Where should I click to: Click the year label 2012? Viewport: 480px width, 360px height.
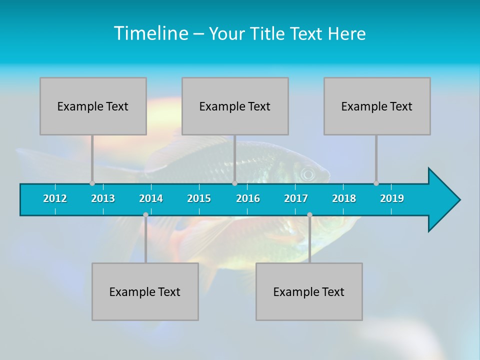(x=55, y=198)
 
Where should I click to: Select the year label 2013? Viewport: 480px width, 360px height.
(x=103, y=198)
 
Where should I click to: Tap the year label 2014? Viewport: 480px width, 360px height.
(x=151, y=198)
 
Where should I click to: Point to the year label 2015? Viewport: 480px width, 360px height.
(x=199, y=198)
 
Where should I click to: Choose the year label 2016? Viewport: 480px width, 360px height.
(x=248, y=198)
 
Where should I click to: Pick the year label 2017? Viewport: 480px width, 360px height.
(x=296, y=198)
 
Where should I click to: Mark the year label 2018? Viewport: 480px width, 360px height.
(x=344, y=198)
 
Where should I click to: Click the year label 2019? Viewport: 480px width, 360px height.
(x=392, y=198)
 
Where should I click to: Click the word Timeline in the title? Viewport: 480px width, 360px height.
(x=150, y=33)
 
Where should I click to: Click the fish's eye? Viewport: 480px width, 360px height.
(x=307, y=174)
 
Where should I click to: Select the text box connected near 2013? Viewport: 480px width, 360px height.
(x=93, y=106)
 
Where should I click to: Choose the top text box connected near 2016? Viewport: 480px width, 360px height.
(x=235, y=106)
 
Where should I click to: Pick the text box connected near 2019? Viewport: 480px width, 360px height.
(x=377, y=106)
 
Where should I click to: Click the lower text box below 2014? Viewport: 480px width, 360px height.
(x=145, y=291)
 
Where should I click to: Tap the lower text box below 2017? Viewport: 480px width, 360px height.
(x=309, y=291)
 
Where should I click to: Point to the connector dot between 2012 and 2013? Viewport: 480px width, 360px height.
(x=92, y=183)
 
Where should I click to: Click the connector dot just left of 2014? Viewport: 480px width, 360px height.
(x=145, y=215)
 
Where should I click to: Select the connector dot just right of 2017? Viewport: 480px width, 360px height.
(x=309, y=215)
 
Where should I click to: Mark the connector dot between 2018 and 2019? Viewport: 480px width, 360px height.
(x=376, y=183)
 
